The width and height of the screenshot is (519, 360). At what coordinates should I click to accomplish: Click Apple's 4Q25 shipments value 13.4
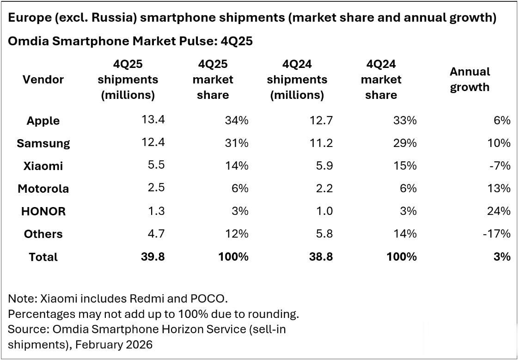click(x=153, y=120)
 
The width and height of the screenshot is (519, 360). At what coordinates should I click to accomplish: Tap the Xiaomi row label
click(x=43, y=166)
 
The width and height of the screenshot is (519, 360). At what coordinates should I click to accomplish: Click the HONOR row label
click(x=43, y=211)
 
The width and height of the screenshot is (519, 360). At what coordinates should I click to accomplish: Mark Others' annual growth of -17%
click(x=497, y=234)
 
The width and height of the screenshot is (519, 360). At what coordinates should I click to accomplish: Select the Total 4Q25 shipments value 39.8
click(x=153, y=256)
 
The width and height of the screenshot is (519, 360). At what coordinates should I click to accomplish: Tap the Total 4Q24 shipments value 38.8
click(x=321, y=256)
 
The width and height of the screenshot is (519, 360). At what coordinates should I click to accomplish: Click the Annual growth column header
click(x=470, y=79)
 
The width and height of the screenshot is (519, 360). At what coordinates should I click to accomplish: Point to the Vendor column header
click(x=43, y=79)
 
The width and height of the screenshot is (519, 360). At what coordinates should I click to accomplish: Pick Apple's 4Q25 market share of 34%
click(x=237, y=121)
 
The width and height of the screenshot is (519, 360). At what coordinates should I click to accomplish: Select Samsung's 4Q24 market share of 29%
click(x=404, y=143)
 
